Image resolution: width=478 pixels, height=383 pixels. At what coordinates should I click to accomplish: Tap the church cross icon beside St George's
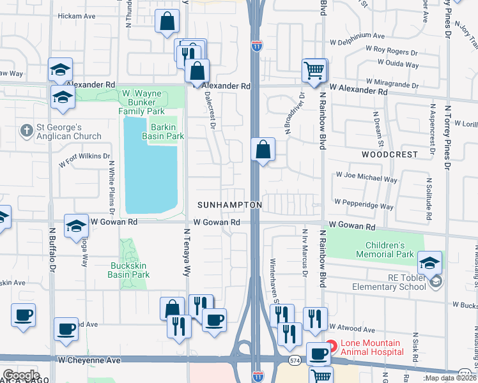tap(26, 131)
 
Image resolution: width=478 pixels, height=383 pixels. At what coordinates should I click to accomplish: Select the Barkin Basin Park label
tap(167, 131)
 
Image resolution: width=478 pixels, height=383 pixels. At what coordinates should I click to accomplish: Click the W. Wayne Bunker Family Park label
tap(141, 102)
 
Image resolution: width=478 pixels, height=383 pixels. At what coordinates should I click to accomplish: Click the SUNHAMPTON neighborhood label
tap(229, 205)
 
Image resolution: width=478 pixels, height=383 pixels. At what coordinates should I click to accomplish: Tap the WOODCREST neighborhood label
tap(389, 154)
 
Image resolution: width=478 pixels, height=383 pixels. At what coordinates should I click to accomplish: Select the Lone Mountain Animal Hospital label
tap(372, 347)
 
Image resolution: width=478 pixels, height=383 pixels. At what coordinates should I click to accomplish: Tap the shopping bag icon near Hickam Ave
tap(167, 21)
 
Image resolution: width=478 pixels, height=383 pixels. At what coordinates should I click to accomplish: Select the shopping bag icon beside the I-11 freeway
tap(263, 151)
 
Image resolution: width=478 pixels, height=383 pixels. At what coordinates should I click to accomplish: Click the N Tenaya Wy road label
tap(188, 252)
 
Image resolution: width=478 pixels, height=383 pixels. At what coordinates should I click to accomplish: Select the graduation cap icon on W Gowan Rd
tap(76, 225)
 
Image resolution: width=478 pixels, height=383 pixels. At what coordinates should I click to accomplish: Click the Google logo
tap(21, 375)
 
